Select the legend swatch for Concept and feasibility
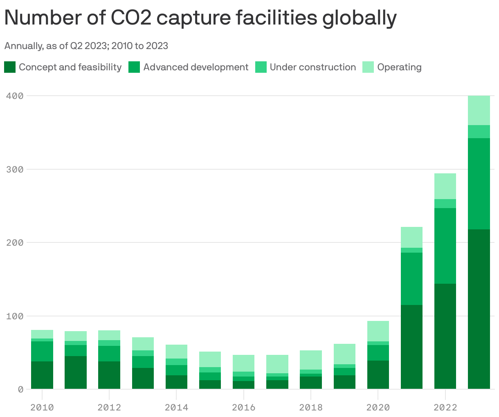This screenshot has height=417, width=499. [10, 67]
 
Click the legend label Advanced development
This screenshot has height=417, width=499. [196, 67]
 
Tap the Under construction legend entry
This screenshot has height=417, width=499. [312, 67]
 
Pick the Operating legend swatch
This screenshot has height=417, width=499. [368, 67]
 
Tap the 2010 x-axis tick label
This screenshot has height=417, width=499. [42, 407]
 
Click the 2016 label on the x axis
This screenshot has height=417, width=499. [243, 407]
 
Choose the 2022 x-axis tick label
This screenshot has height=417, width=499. [445, 407]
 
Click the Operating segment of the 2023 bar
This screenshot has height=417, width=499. [479, 110]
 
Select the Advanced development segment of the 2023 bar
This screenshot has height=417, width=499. [479, 184]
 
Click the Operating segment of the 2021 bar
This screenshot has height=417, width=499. [411, 237]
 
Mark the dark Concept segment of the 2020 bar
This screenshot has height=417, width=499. [378, 374]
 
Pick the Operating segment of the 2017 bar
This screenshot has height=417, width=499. [277, 364]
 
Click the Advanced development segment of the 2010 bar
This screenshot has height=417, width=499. [42, 351]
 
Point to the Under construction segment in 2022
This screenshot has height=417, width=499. [445, 204]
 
